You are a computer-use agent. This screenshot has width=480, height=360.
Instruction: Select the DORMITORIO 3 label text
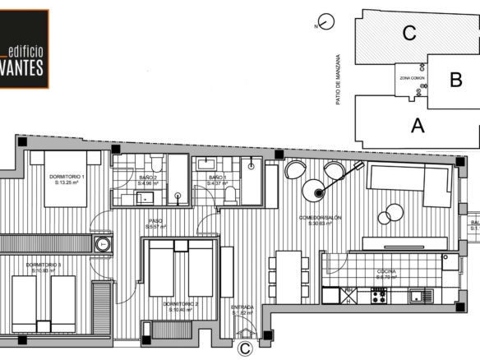tap(43, 267)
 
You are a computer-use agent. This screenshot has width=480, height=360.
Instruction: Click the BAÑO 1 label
tap(217, 180)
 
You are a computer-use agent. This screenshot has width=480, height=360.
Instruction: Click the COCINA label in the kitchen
tap(386, 274)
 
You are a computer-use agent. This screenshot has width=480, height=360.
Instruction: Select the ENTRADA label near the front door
tap(243, 310)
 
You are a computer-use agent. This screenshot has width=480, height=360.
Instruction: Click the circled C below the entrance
tap(244, 348)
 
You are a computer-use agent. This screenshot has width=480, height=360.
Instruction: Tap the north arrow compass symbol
tap(327, 24)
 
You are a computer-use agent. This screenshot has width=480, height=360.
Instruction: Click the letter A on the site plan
tap(418, 126)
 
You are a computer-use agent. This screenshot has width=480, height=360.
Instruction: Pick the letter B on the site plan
tap(456, 81)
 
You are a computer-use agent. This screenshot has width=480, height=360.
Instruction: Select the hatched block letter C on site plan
tap(408, 34)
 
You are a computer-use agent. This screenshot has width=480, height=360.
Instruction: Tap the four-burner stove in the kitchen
tap(378, 295)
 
